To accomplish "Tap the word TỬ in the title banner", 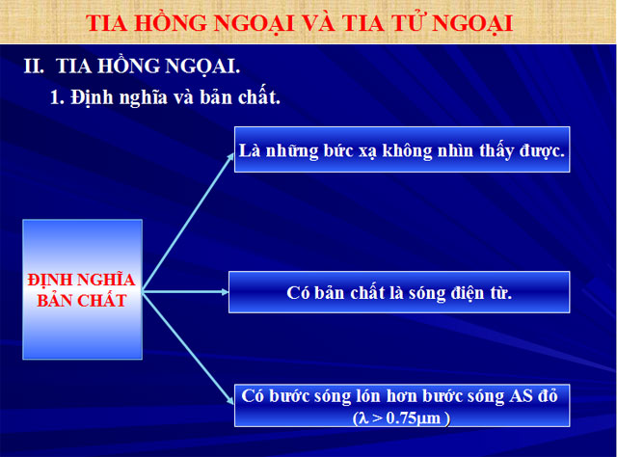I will (426, 22).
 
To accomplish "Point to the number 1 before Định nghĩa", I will (56, 98).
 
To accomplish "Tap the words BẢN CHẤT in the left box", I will (82, 301).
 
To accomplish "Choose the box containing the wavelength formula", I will (400, 405).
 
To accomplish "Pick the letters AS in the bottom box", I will (523, 396).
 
